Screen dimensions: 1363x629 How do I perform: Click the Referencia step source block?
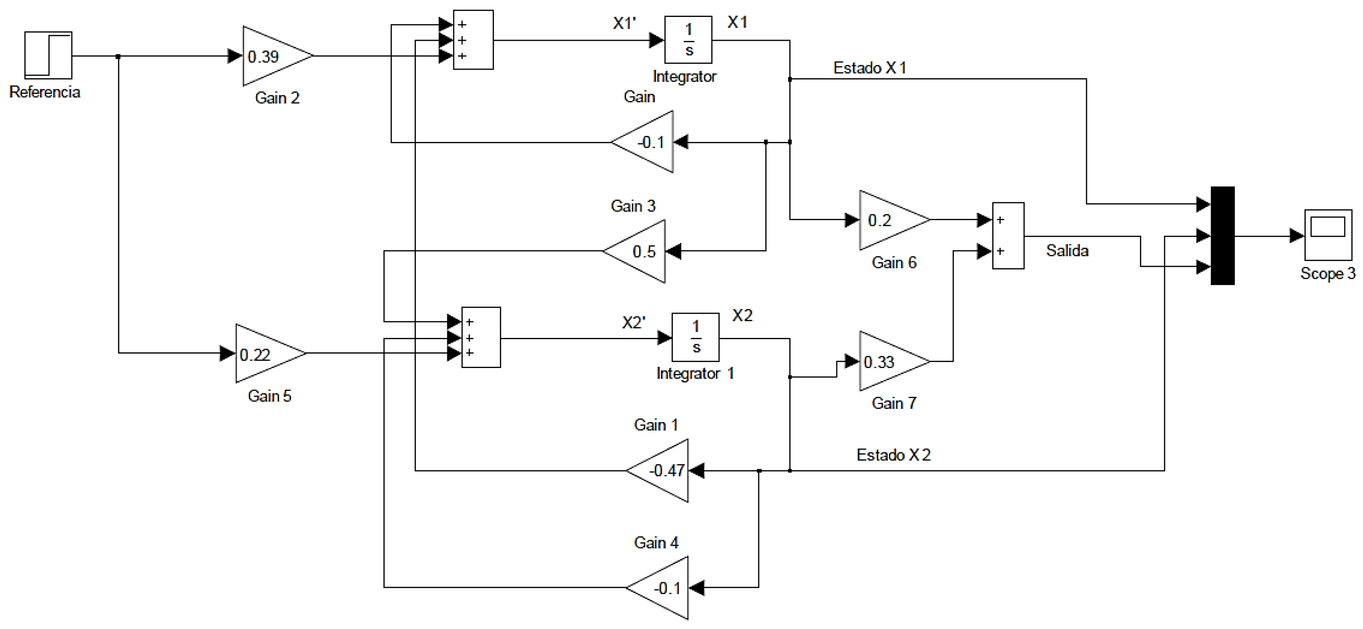tap(48, 55)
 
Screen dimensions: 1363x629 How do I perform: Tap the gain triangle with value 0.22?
tap(270, 353)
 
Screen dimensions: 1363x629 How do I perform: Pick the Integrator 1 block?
tap(695, 337)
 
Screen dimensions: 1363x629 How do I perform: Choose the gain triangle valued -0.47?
tap(658, 470)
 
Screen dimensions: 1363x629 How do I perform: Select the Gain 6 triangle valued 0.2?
tap(894, 220)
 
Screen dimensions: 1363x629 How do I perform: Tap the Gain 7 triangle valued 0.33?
tap(894, 361)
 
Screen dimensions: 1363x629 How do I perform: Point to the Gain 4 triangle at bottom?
tap(658, 588)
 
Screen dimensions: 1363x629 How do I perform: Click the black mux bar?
tap(1222, 235)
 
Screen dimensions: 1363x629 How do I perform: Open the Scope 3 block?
tap(1328, 235)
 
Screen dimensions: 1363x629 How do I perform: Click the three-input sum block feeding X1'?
tap(473, 40)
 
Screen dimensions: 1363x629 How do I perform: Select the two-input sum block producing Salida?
tap(1008, 235)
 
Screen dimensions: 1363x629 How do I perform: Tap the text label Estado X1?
tap(869, 68)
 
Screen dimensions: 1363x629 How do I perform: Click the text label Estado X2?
tap(893, 455)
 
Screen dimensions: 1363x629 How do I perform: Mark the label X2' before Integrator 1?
tap(633, 323)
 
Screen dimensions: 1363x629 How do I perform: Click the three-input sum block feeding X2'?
tap(481, 337)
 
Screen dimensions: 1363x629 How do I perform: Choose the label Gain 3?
tap(633, 206)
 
